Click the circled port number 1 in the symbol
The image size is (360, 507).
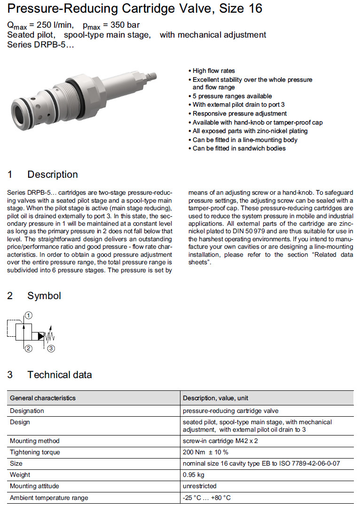tap(28, 315)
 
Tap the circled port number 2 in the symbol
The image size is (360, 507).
tap(28, 349)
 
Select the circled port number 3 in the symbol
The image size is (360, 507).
tap(51, 349)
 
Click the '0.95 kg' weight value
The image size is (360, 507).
tap(193, 475)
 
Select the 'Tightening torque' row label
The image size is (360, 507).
tap(35, 452)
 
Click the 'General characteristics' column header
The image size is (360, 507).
tap(43, 398)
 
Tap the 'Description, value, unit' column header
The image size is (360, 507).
tap(216, 398)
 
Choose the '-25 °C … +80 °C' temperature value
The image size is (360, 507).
tap(207, 497)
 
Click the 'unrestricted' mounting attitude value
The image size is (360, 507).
tap(199, 486)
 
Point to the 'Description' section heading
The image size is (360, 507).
tap(52, 174)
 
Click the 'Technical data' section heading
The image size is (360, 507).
tap(59, 375)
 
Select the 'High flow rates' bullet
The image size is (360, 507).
tap(214, 71)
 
